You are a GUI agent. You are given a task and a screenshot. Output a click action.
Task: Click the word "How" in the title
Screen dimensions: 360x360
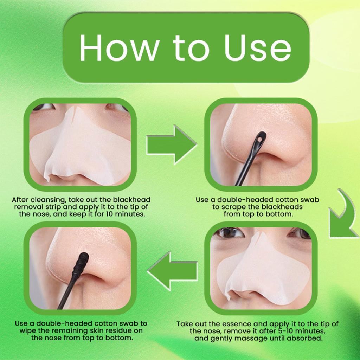[x=120, y=48]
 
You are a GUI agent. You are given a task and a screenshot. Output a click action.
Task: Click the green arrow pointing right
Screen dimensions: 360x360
[x=172, y=144]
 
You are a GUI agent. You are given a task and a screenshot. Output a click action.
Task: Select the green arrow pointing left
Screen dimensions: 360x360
[x=172, y=271]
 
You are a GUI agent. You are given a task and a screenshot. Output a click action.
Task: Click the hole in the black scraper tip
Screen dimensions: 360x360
[x=259, y=139]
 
